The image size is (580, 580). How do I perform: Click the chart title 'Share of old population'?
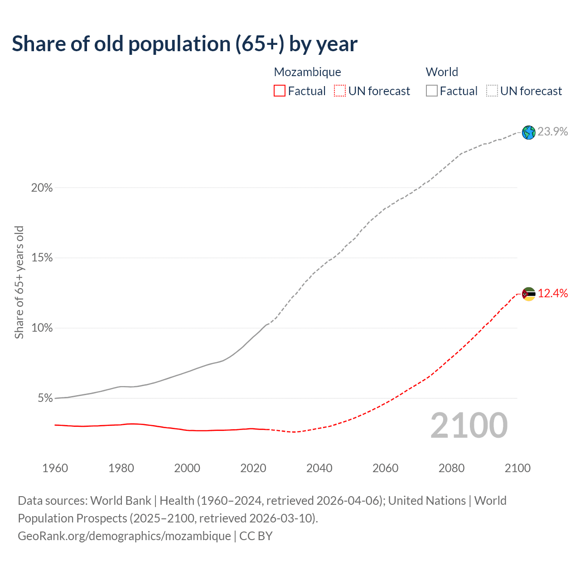[184, 44]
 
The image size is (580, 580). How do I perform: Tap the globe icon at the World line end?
[528, 132]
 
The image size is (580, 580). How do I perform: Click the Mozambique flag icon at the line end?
[528, 294]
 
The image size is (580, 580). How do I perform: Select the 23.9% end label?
[553, 132]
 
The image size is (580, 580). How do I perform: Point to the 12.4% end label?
[553, 294]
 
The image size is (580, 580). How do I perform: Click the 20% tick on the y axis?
[42, 188]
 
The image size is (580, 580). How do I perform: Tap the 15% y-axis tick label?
[42, 258]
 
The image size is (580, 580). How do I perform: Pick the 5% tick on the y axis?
[45, 398]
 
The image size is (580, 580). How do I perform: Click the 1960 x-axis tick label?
[55, 468]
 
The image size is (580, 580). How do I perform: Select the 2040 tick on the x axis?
[319, 468]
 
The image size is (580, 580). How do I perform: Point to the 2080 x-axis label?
[451, 468]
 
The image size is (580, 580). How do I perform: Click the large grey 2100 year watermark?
[469, 425]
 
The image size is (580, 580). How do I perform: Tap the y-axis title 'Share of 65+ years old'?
[19, 282]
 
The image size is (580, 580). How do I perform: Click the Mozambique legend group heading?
[307, 72]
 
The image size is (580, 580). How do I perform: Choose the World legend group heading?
[442, 72]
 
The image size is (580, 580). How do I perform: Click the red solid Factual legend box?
[280, 91]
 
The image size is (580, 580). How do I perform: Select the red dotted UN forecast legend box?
[340, 91]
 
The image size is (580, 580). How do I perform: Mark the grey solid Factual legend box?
[431, 91]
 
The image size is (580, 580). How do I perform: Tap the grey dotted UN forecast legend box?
[492, 91]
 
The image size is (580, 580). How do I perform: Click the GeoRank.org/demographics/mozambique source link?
[124, 536]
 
